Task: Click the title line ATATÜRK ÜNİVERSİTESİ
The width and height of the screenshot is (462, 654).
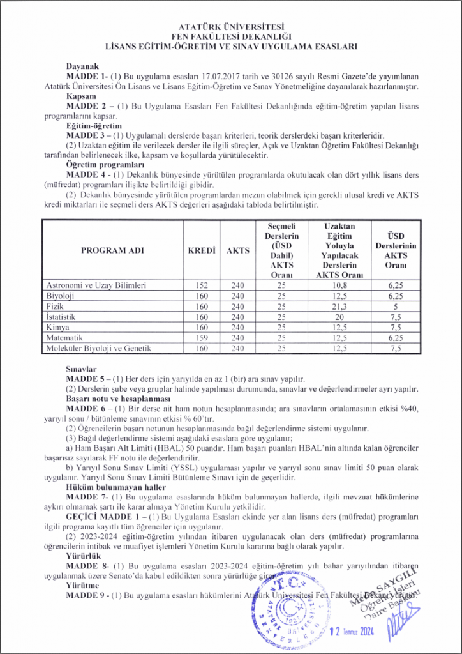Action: pyautogui.click(x=231, y=27)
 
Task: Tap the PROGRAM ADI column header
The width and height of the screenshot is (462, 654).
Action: pyautogui.click(x=112, y=250)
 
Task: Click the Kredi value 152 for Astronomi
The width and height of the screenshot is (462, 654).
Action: pyautogui.click(x=201, y=285)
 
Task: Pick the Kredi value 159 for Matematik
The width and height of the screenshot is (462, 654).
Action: pyautogui.click(x=201, y=337)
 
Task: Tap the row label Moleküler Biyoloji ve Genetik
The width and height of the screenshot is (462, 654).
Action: pyautogui.click(x=98, y=348)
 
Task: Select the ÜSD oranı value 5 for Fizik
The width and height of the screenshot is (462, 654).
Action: pyautogui.click(x=395, y=306)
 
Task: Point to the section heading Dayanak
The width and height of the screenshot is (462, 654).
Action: pyautogui.click(x=83, y=66)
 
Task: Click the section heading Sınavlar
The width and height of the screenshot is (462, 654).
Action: pyautogui.click(x=81, y=369)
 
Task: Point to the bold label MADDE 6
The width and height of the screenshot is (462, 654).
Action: pyautogui.click(x=87, y=408)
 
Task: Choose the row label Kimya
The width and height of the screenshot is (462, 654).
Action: pyautogui.click(x=57, y=327)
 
